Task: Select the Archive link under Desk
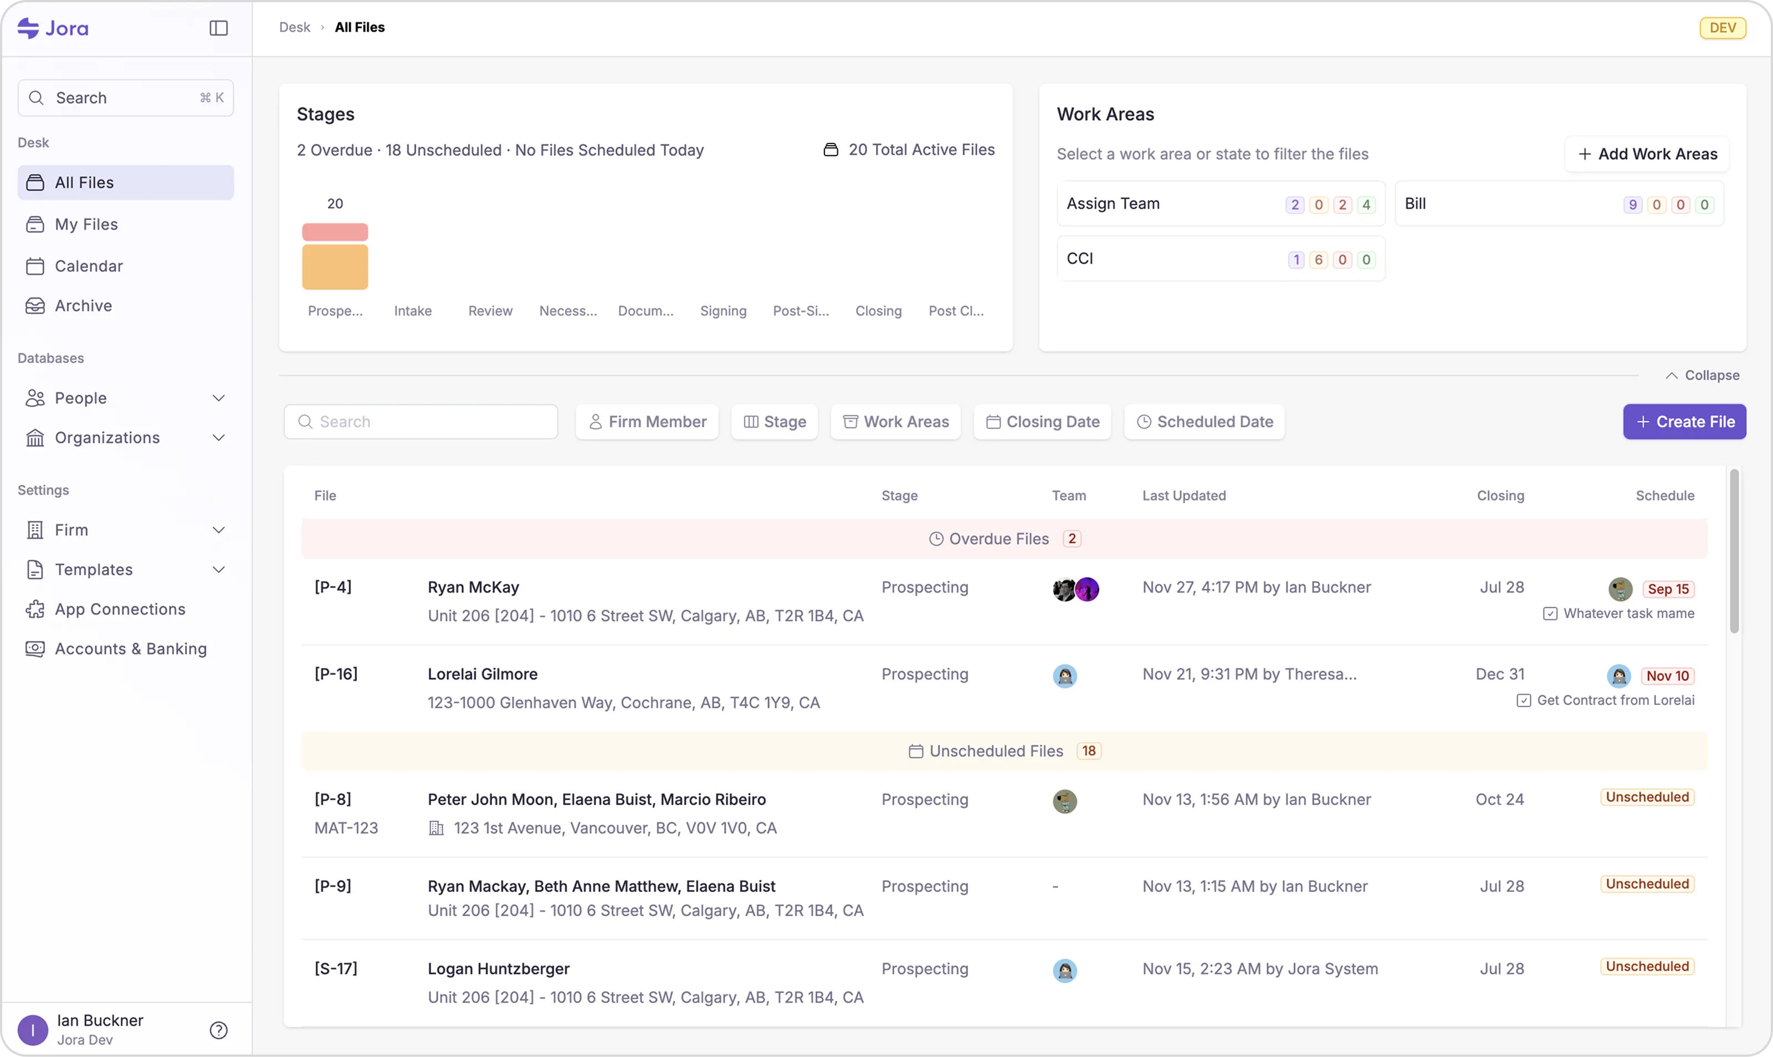pos(83,305)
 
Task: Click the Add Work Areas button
pos(1647,154)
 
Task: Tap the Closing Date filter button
pos(1042,422)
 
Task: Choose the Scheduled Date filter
pos(1205,422)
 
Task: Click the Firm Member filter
pos(647,422)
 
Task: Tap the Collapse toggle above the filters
pos(1702,375)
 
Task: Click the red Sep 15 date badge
pos(1668,589)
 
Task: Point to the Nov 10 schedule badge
pos(1667,676)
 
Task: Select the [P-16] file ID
pos(336,674)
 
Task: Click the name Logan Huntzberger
pos(498,969)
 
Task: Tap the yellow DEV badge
pos(1723,28)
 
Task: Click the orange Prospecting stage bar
pos(335,267)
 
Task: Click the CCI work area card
pos(1220,258)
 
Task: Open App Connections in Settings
pos(120,609)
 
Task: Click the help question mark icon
pos(218,1030)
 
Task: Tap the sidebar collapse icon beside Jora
pos(218,28)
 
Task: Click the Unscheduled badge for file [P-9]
pos(1647,884)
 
